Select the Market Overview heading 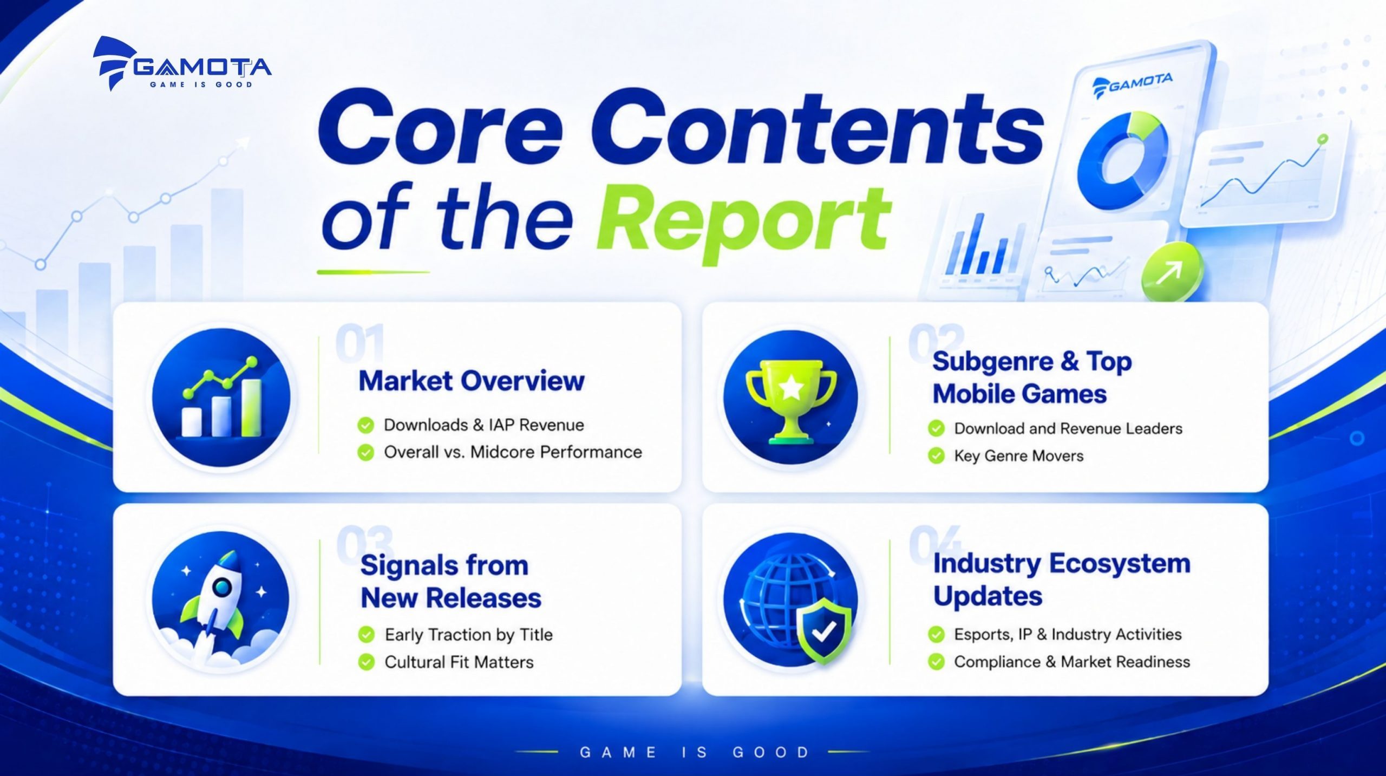[x=472, y=381]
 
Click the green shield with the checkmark [x=823, y=630]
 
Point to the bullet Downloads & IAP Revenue [x=484, y=425]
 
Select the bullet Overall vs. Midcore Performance [x=513, y=452]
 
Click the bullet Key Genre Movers [x=1018, y=456]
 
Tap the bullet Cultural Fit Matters [x=459, y=662]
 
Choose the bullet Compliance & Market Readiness [x=1072, y=662]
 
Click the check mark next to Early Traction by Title [x=367, y=634]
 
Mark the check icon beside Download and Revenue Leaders [x=936, y=428]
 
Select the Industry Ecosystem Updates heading [x=1061, y=579]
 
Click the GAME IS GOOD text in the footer [x=695, y=752]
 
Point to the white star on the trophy [x=791, y=387]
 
